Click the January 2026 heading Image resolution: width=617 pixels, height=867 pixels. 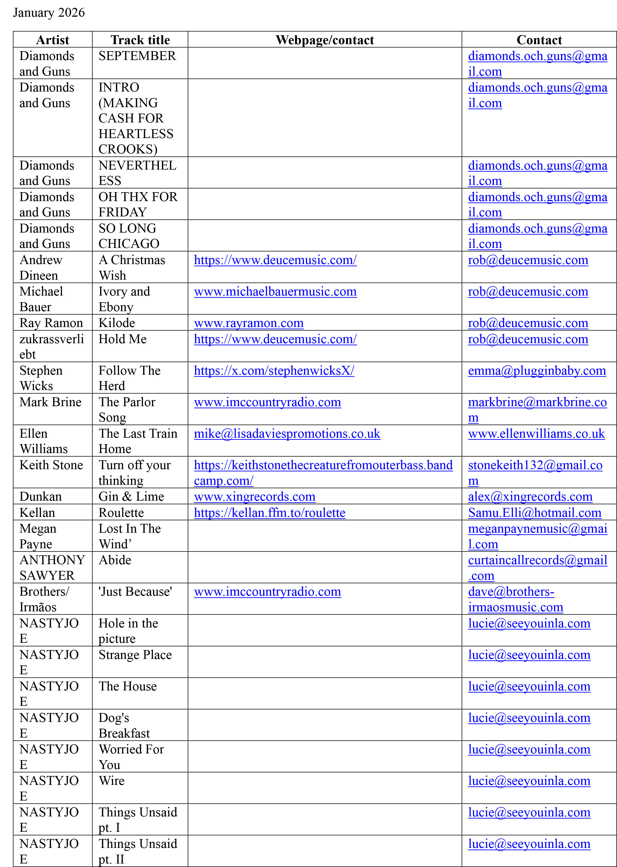[49, 13]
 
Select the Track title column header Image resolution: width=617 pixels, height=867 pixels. [140, 40]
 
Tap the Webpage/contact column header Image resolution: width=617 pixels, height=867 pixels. [325, 40]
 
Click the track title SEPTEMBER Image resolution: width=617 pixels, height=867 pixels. [137, 56]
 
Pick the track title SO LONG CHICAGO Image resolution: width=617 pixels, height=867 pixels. [129, 236]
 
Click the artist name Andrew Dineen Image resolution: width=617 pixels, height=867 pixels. [41, 267]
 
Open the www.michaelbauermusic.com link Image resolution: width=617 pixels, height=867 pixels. [275, 292]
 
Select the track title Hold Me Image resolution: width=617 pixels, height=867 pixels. [122, 339]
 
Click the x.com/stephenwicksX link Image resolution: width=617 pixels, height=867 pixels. [274, 371]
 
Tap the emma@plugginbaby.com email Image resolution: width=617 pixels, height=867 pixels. [537, 371]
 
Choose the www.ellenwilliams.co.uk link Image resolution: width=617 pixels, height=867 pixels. [536, 434]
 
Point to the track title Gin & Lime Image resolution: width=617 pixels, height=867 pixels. [131, 497]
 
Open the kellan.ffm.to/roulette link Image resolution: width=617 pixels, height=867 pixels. [269, 513]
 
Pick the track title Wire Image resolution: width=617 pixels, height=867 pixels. [112, 781]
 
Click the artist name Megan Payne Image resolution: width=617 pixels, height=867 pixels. [38, 536]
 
